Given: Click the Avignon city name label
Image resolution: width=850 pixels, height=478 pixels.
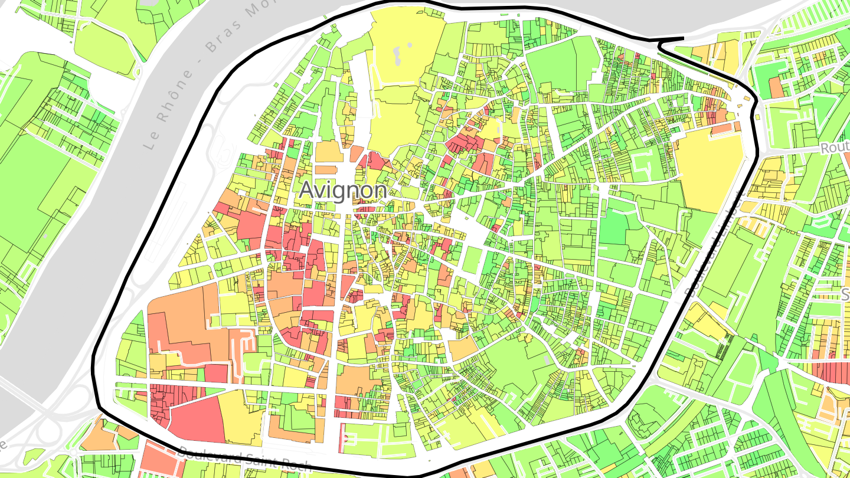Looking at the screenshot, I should click(342, 190).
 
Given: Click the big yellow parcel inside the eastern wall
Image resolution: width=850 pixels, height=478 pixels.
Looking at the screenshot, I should click(708, 168).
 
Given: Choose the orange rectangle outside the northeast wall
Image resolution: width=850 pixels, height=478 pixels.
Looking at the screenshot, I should click(777, 88).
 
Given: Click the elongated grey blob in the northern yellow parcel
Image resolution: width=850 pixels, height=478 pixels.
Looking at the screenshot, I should click(397, 56).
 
